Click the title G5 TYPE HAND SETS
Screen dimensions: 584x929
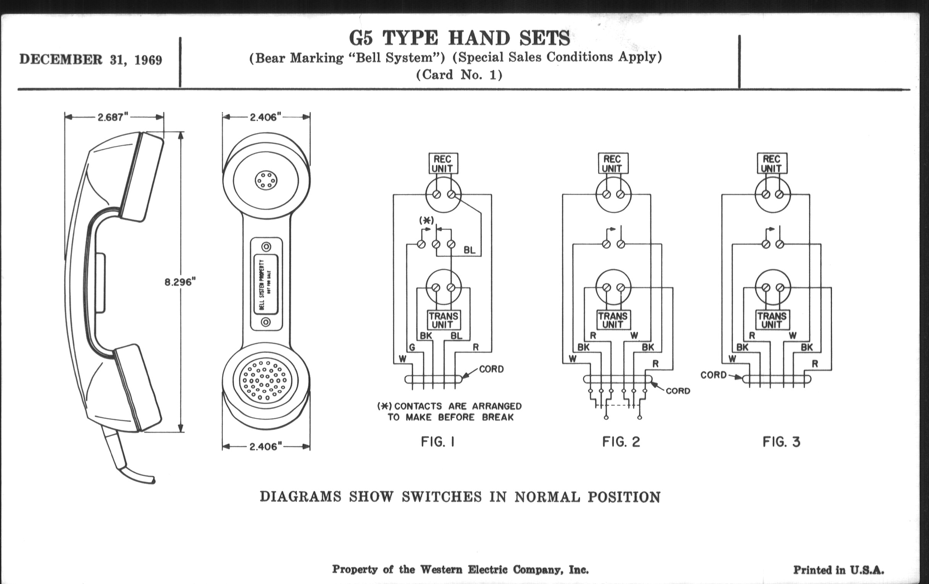[x=459, y=38]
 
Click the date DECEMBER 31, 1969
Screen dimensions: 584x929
[x=91, y=60]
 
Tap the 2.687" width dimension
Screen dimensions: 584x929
[x=113, y=117]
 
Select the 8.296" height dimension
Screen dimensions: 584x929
[x=180, y=282]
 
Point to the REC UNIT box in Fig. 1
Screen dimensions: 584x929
[x=442, y=164]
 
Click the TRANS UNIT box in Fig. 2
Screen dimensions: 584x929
[x=613, y=320]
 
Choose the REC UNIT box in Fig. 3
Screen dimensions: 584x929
[x=772, y=164]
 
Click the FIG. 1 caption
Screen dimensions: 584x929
[x=438, y=442]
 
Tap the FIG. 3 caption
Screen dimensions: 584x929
[x=781, y=442]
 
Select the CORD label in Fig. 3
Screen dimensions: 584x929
[x=713, y=375]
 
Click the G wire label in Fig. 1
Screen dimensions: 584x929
[x=412, y=348]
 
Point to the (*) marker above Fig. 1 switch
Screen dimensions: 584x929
[x=426, y=221]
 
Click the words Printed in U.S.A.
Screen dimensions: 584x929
[x=838, y=570]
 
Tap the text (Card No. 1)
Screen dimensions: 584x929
[x=459, y=75]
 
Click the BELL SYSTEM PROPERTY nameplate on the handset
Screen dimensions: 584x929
[x=266, y=284]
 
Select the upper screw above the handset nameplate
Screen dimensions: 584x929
[x=266, y=247]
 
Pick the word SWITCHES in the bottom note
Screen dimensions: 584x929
[x=442, y=497]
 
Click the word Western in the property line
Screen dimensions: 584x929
[x=441, y=569]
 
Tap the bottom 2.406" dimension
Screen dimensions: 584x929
[x=266, y=447]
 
